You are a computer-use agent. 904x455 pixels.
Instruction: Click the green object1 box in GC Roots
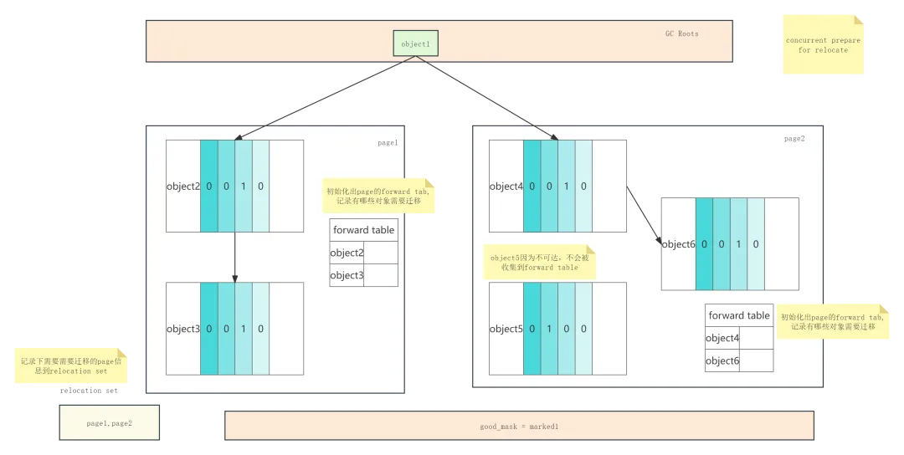pos(415,43)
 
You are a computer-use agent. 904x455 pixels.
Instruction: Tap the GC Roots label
pos(681,34)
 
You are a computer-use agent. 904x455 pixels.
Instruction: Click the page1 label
pos(388,143)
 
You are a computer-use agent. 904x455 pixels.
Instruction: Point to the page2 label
pos(794,139)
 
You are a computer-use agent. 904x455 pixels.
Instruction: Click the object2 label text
pos(183,187)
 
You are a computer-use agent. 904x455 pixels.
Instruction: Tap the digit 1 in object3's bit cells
pos(244,329)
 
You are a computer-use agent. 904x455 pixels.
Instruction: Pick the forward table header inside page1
pos(363,230)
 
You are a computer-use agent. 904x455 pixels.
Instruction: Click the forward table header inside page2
pos(739,315)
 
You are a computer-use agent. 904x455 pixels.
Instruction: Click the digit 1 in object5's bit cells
pos(549,329)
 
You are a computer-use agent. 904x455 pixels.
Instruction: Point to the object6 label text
pos(679,244)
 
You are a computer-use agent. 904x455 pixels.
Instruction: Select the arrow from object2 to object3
pos(234,257)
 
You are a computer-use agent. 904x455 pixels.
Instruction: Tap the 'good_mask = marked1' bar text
pos(519,427)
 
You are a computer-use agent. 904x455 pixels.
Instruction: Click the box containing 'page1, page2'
pos(109,423)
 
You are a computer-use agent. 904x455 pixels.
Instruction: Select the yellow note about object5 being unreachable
pos(540,263)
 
